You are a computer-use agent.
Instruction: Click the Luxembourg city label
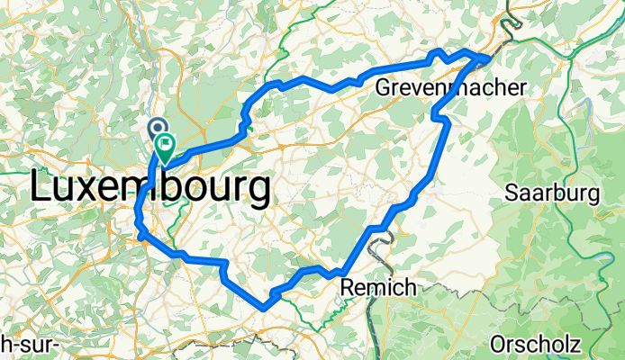149,188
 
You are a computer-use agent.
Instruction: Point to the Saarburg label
552,193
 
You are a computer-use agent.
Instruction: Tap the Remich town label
378,288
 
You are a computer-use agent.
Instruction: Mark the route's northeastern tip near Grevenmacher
489,56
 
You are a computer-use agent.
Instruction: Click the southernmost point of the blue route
264,308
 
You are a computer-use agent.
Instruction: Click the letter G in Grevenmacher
384,87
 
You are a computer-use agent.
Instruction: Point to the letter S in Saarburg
512,193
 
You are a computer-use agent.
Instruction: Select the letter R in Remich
349,288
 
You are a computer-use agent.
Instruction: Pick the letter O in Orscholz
500,344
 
